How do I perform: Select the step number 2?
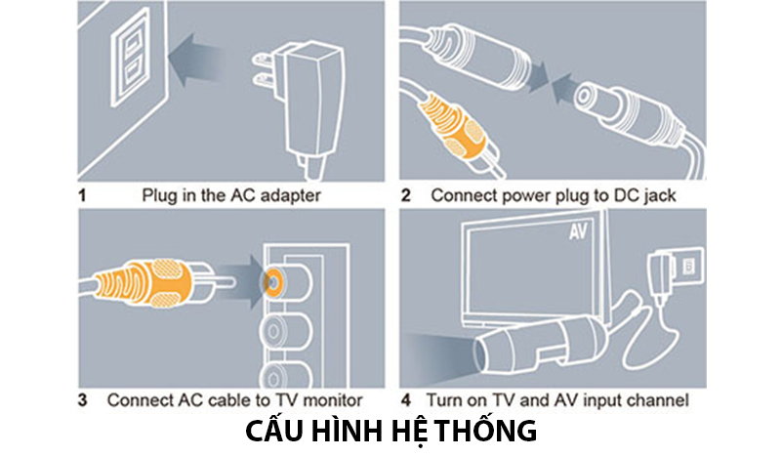(406, 195)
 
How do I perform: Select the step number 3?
(83, 400)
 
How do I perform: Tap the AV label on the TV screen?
(580, 234)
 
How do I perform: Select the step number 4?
(406, 400)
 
